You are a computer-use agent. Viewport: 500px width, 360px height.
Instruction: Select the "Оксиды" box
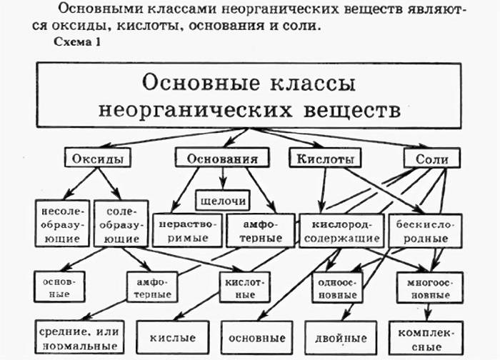(x=98, y=158)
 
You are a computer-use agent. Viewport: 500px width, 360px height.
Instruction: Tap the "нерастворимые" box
(x=183, y=229)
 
